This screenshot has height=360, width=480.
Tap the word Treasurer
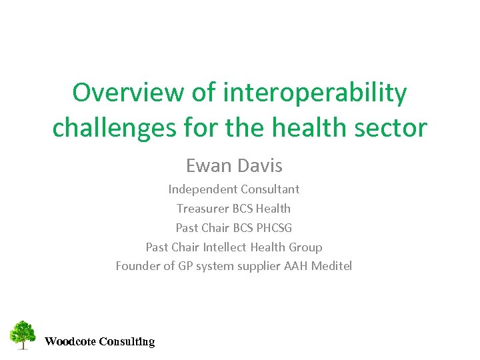pyautogui.click(x=203, y=209)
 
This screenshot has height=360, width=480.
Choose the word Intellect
pyautogui.click(x=225, y=247)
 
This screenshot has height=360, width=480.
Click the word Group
pyautogui.click(x=305, y=247)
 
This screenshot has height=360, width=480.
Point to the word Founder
pyautogui.click(x=138, y=266)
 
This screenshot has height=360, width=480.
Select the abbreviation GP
pyautogui.click(x=186, y=266)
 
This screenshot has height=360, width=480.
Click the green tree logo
pyautogui.click(x=23, y=334)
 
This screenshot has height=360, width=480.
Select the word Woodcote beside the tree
pyautogui.click(x=69, y=342)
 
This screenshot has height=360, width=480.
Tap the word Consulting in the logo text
pyautogui.click(x=127, y=342)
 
